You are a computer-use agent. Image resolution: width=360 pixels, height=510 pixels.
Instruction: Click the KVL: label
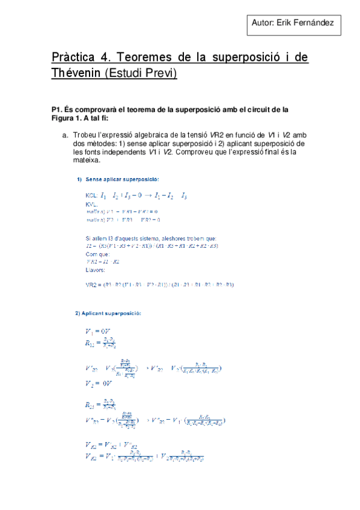[92, 204]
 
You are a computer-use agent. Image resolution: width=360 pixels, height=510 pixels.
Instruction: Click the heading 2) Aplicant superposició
[108, 313]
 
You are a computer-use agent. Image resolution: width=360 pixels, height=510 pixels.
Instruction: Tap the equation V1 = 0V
[96, 331]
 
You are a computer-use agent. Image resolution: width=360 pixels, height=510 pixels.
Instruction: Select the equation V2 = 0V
[96, 384]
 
